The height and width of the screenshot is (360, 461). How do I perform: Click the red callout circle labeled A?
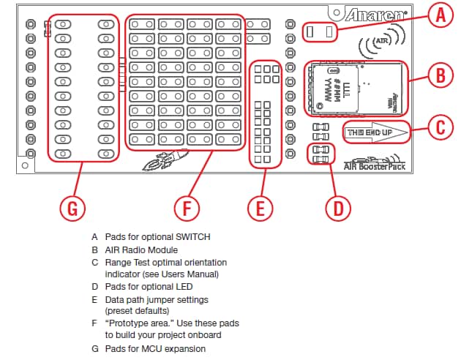(x=440, y=15)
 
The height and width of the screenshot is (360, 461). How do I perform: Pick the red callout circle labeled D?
(x=338, y=208)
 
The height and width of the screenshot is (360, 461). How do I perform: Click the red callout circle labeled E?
(x=260, y=208)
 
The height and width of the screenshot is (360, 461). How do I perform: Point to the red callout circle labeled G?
(x=72, y=208)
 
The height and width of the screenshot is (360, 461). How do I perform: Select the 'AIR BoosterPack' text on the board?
(x=373, y=166)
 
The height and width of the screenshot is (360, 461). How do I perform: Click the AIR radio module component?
(x=354, y=89)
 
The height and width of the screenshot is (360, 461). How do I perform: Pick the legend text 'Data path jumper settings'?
(x=157, y=299)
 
